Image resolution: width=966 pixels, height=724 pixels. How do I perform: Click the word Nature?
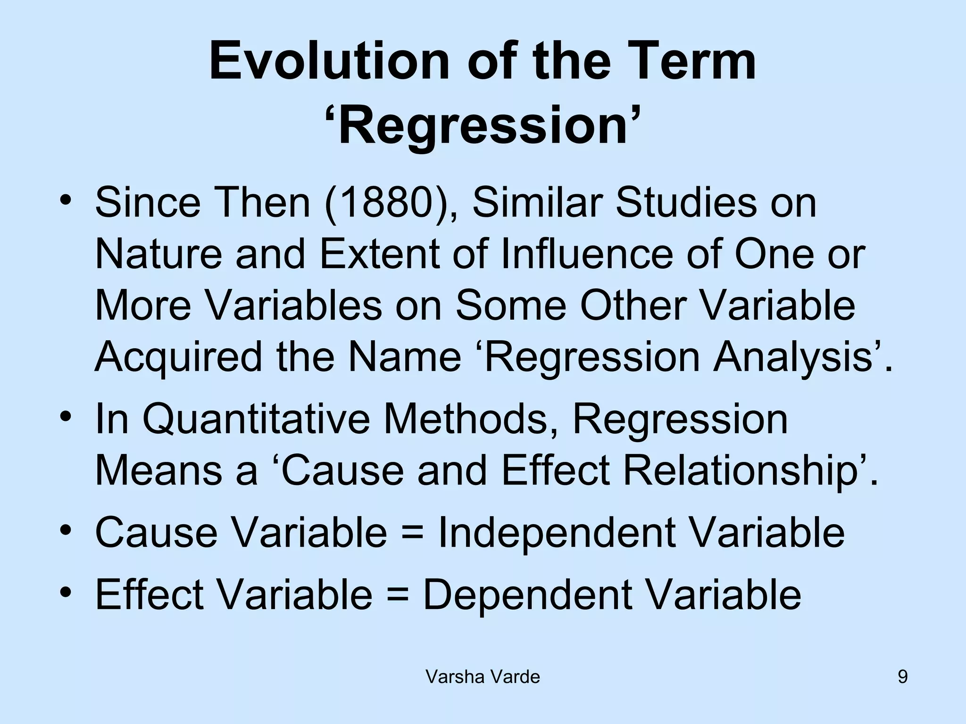click(x=158, y=255)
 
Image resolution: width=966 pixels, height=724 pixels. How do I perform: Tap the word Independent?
click(x=557, y=534)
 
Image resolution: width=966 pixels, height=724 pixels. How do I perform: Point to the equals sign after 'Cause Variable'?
click(x=412, y=534)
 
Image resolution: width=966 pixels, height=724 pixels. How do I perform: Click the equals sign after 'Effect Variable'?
click(x=397, y=595)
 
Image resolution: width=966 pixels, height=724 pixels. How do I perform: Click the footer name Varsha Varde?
click(x=483, y=677)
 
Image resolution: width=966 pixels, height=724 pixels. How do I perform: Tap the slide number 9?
click(x=902, y=677)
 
